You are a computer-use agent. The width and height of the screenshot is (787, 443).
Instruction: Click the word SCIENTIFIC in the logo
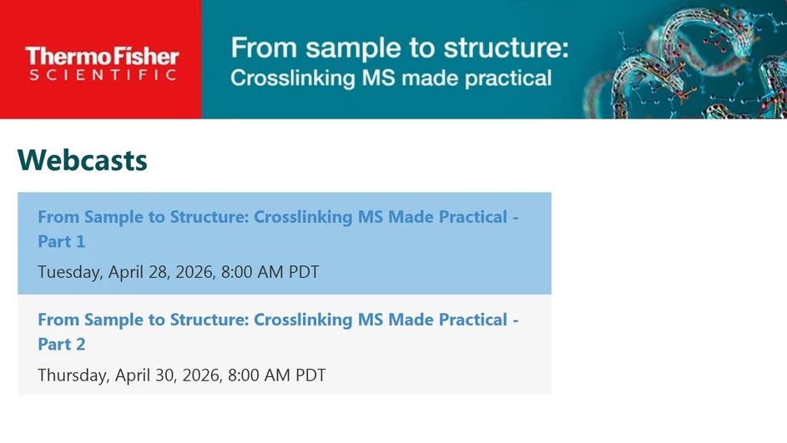102,76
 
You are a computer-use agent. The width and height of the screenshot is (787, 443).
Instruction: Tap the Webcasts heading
83,159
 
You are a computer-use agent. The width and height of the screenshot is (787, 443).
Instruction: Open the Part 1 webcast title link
277,218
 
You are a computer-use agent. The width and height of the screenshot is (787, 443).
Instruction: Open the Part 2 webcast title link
277,320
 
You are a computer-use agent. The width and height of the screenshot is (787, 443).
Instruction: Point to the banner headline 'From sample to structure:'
399,48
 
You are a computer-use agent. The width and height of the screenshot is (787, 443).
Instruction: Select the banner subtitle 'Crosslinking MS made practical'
391,78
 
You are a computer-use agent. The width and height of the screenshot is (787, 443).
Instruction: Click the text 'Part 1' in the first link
62,242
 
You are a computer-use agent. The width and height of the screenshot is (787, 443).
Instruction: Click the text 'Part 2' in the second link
62,345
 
